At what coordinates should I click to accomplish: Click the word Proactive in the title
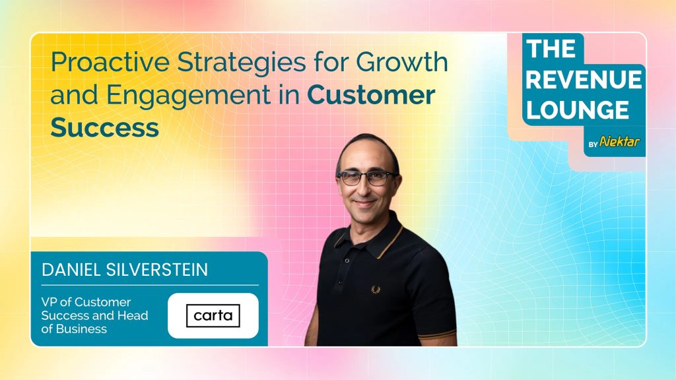click(110, 61)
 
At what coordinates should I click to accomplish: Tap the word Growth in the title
click(402, 61)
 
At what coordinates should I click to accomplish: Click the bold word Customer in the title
click(371, 95)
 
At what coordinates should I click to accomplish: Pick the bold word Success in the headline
click(105, 127)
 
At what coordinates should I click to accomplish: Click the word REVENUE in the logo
click(584, 80)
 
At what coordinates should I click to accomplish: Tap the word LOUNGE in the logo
click(577, 110)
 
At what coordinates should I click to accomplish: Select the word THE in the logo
click(551, 49)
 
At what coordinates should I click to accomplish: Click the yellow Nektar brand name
click(619, 141)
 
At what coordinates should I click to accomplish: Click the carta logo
click(213, 316)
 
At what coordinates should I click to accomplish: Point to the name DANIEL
click(71, 270)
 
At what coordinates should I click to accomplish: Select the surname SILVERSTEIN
click(157, 270)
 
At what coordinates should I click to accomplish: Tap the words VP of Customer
click(86, 302)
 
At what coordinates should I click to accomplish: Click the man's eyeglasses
click(367, 177)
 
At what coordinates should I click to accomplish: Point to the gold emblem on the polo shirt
click(376, 290)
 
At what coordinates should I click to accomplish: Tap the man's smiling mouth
click(364, 202)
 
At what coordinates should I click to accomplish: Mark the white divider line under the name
click(150, 285)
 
